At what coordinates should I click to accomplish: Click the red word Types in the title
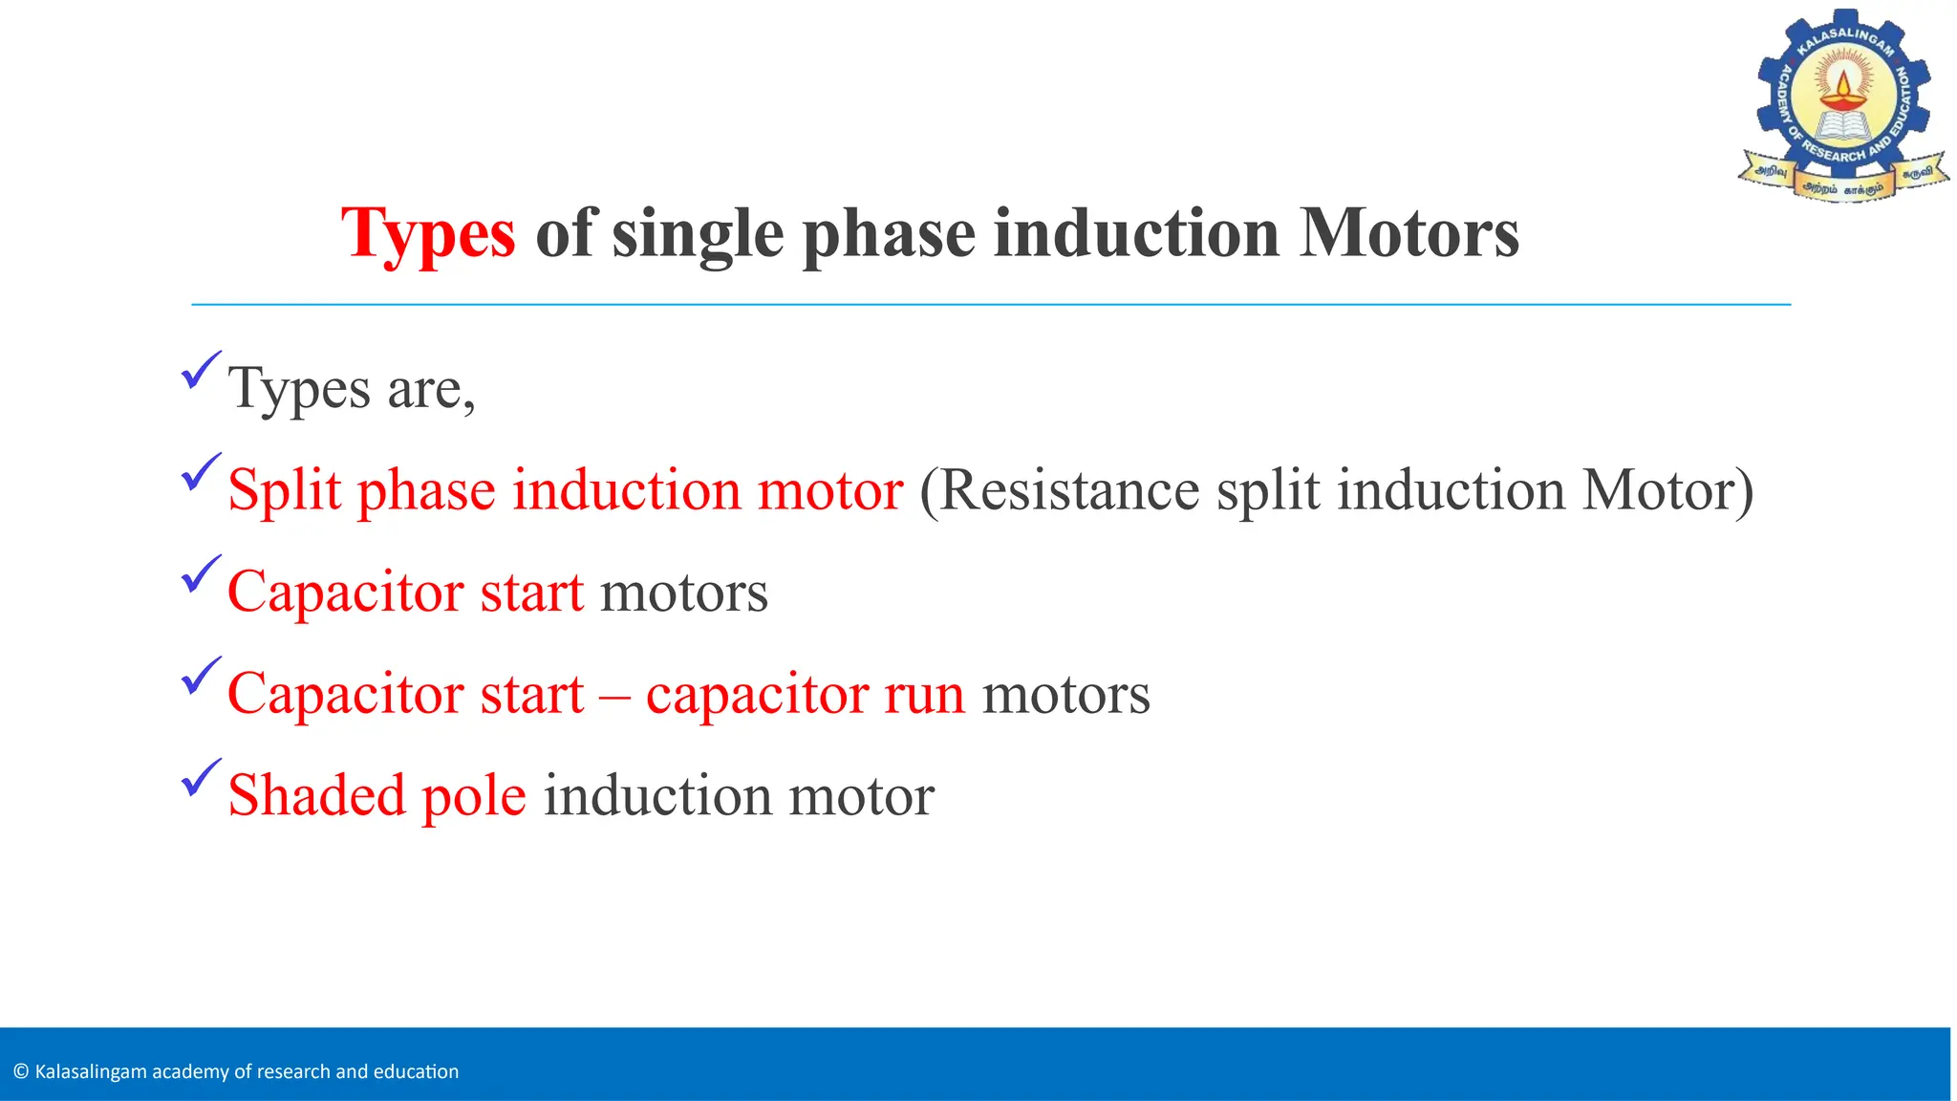click(x=428, y=234)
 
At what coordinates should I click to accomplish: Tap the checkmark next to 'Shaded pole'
click(x=200, y=778)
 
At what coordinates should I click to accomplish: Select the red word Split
click(x=284, y=491)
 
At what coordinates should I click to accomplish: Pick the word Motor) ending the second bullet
click(x=1667, y=490)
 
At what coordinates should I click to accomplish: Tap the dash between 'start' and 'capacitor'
click(x=614, y=696)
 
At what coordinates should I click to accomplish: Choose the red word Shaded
click(x=316, y=795)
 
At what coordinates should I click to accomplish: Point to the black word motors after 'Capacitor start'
click(x=683, y=593)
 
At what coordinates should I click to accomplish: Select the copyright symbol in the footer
click(x=21, y=1071)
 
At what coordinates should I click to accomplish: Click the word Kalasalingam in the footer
click(x=91, y=1072)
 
